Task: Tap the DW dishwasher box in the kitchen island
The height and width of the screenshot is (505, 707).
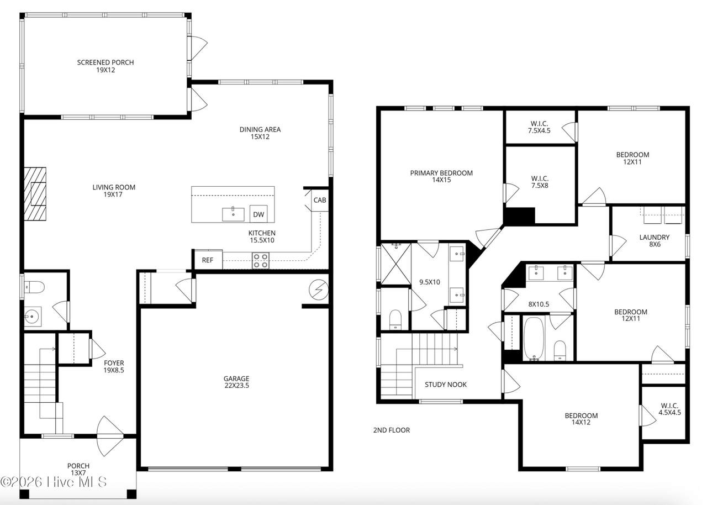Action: (258, 214)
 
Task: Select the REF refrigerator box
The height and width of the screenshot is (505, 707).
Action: (208, 260)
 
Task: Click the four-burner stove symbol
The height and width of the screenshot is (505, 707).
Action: (261, 261)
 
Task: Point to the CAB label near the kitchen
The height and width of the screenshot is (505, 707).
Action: (320, 200)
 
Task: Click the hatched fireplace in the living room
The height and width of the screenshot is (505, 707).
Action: (35, 194)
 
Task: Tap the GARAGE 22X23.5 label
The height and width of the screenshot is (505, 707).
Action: (237, 382)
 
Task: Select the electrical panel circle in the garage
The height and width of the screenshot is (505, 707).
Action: (319, 290)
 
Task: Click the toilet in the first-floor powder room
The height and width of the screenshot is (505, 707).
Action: (34, 287)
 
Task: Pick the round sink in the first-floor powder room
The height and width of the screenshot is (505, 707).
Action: (31, 316)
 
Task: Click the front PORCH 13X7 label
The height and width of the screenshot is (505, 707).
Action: (78, 469)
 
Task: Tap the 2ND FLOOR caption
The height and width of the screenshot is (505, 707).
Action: (392, 430)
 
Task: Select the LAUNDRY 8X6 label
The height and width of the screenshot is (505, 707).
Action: (655, 240)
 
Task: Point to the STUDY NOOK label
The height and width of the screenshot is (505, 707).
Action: (446, 385)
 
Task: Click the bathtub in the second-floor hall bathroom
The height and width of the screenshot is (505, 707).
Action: (534, 338)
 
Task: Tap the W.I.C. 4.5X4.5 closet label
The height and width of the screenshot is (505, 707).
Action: (669, 409)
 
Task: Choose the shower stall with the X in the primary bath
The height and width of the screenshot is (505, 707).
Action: (396, 264)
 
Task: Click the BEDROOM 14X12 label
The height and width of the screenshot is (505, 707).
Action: (581, 419)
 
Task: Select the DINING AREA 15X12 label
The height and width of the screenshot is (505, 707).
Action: (260, 133)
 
